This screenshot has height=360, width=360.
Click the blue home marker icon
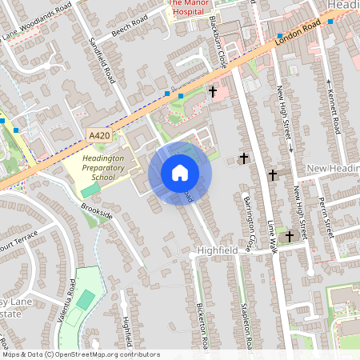point(180,172)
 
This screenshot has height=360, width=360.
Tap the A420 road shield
point(99,136)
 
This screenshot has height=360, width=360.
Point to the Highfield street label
point(218,250)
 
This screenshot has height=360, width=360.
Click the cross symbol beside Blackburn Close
point(213,93)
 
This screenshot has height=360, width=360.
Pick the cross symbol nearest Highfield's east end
point(290,236)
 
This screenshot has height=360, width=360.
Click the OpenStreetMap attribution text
point(80,354)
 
